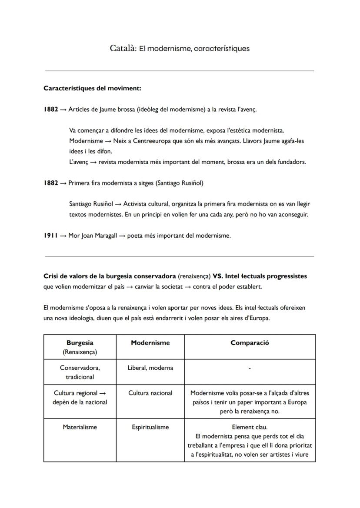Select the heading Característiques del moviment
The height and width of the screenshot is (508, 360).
click(92, 88)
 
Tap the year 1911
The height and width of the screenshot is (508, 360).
click(50, 236)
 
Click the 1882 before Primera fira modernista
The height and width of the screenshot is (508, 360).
click(50, 183)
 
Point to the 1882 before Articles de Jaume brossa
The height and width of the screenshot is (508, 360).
click(50, 109)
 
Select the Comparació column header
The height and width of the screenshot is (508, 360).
click(250, 342)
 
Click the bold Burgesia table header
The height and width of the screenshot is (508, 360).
click(80, 342)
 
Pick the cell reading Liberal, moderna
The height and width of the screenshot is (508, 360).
click(150, 368)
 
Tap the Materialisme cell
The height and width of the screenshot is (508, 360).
click(80, 427)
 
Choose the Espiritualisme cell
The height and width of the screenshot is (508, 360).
click(150, 427)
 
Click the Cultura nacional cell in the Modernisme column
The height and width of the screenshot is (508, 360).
click(150, 393)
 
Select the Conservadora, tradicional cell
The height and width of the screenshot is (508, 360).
click(80, 372)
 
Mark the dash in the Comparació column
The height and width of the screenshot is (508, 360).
click(250, 369)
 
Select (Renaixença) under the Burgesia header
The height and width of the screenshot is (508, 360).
click(80, 352)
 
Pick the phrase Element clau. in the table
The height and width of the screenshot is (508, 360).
click(250, 427)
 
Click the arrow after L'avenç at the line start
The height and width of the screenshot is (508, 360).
click(93, 162)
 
